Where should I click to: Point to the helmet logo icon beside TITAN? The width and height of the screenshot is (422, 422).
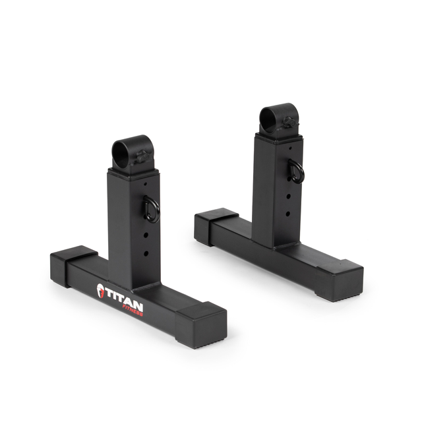pyautogui.click(x=100, y=291)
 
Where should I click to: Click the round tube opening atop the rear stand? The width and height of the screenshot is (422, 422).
pyautogui.click(x=271, y=115)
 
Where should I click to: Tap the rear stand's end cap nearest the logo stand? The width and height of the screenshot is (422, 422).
pyautogui.click(x=216, y=224)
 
